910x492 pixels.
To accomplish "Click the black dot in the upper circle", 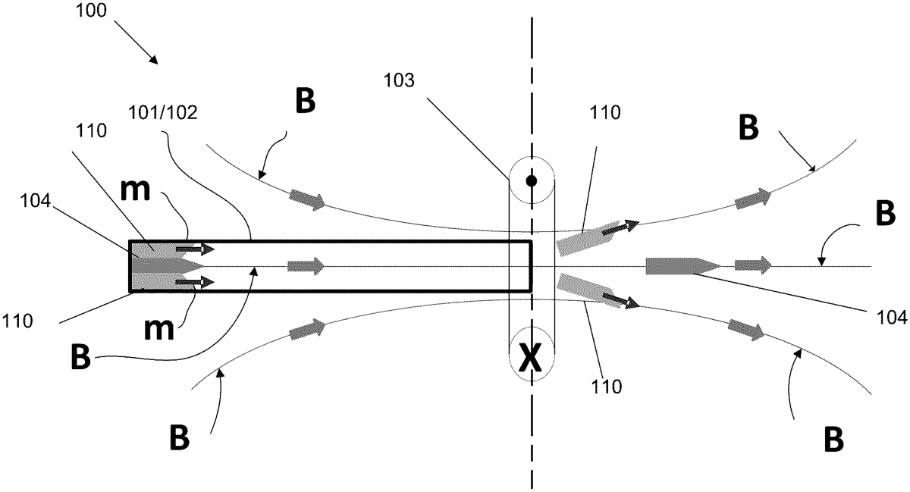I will click(532, 181).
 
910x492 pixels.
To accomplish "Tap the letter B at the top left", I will click(305, 102).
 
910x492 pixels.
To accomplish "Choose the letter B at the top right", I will click(748, 129).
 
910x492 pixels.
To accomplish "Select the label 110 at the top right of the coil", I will click(604, 114).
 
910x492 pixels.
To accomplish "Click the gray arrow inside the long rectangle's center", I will click(306, 266).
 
